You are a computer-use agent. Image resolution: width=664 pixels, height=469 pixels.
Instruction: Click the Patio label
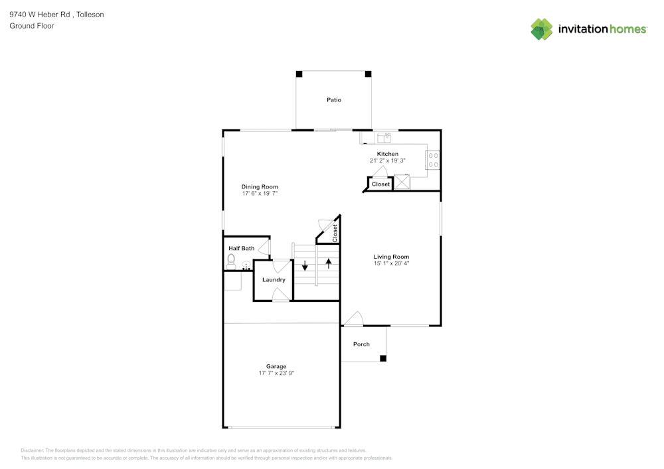coord(333,100)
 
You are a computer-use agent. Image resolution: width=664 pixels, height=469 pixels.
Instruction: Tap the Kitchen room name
coord(387,154)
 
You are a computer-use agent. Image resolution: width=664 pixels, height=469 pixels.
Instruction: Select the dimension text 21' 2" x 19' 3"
coord(387,161)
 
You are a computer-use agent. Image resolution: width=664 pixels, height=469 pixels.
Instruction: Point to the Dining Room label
coord(259,187)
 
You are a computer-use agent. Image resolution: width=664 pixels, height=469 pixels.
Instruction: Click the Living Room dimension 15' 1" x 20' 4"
coord(391,263)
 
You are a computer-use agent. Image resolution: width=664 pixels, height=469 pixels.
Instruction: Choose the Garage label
coord(276,366)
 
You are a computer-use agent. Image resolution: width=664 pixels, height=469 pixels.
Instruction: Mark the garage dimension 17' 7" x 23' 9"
coord(276,373)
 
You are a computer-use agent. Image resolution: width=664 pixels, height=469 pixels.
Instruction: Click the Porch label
coord(361,344)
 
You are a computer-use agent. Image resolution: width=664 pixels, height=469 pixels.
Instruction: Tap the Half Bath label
coord(241,249)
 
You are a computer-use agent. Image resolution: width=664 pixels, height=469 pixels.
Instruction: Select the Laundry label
coord(274,280)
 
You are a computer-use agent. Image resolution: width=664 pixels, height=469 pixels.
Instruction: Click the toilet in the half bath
coord(231,262)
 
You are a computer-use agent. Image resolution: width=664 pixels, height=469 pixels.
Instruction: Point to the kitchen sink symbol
coord(384,137)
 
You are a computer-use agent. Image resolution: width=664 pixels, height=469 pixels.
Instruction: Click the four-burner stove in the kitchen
coord(433,160)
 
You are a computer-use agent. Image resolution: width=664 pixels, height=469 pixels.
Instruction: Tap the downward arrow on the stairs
coord(305,266)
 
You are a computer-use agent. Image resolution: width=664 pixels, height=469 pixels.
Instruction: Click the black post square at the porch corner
coord(382,359)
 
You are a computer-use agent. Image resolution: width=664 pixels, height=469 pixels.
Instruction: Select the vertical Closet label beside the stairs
coord(335,232)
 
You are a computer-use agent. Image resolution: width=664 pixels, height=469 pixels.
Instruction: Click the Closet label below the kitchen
coord(380,184)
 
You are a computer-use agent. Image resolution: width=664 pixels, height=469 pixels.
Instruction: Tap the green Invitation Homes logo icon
coord(542,29)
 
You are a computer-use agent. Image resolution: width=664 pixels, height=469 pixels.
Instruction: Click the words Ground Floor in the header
coord(32,26)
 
